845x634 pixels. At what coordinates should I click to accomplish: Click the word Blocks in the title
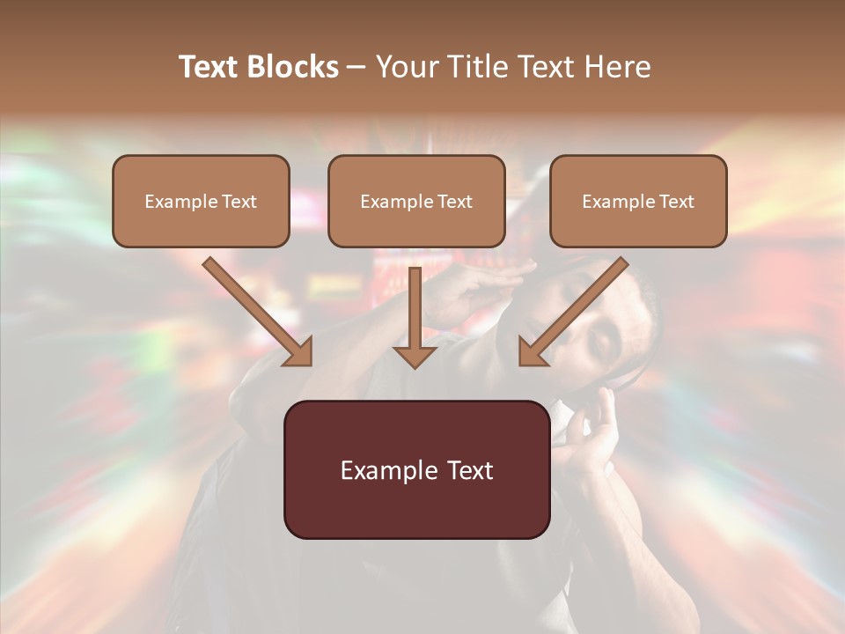tap(294, 67)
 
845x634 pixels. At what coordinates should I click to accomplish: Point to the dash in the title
tap(356, 68)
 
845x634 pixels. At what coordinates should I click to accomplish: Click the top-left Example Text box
tap(201, 201)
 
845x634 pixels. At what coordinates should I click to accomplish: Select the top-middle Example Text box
tap(416, 201)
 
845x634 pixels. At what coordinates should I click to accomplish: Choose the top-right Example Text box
tap(638, 201)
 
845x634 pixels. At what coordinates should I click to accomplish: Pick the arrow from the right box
tap(577, 308)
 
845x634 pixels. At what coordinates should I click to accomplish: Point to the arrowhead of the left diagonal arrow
tap(299, 352)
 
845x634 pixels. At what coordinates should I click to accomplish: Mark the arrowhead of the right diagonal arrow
tap(532, 352)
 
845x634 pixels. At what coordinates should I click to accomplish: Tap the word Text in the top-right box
tap(676, 202)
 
